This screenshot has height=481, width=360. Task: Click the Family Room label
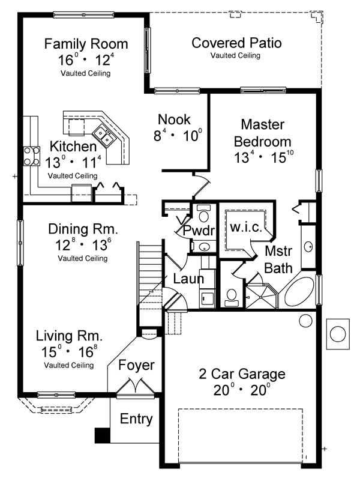click(x=86, y=44)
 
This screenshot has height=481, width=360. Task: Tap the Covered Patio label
click(x=236, y=43)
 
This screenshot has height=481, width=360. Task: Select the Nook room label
click(x=174, y=119)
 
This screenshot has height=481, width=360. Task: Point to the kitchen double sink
click(x=103, y=135)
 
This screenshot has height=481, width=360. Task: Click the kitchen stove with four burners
click(x=32, y=157)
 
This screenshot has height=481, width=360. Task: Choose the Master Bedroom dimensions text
click(x=264, y=157)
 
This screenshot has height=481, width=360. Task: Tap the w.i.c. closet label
click(x=246, y=227)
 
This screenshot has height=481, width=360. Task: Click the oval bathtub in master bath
click(x=299, y=291)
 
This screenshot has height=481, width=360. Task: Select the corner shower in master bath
click(x=262, y=295)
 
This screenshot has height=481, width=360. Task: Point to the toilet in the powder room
click(x=203, y=213)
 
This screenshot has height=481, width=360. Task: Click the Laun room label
click(x=188, y=279)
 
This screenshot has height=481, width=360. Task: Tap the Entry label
click(x=136, y=419)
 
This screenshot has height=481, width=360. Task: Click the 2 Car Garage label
click(x=242, y=374)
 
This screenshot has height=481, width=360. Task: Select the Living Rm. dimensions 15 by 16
click(x=70, y=351)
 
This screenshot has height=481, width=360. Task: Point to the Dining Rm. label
click(x=83, y=229)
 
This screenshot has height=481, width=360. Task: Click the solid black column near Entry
click(x=103, y=435)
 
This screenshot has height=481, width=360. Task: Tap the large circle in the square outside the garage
click(x=338, y=334)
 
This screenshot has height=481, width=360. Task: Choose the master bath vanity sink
click(x=308, y=246)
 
